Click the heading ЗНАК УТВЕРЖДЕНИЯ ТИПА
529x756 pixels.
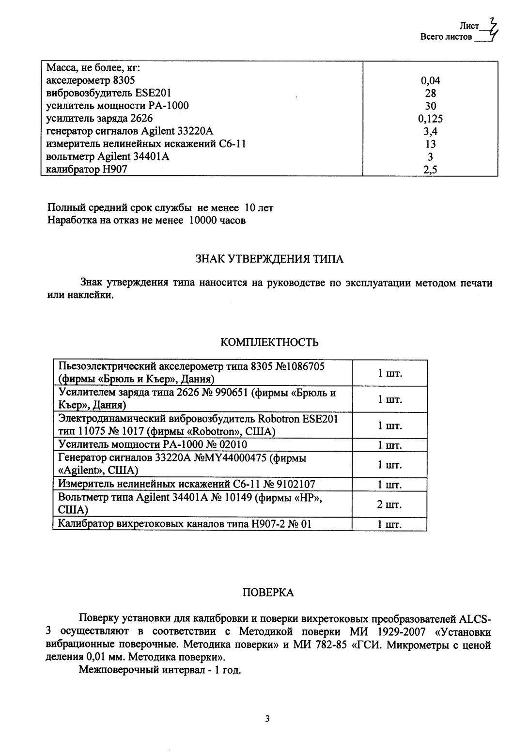click(x=269, y=259)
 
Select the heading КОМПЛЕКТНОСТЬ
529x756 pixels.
click(x=269, y=343)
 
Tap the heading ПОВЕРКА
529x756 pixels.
click(x=268, y=593)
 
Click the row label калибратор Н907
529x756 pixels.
click(x=87, y=169)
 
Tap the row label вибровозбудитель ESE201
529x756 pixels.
click(x=109, y=94)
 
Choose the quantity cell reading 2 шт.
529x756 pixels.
click(x=389, y=504)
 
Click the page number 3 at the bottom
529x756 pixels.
click(x=267, y=718)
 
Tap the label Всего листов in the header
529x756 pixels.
click(x=446, y=37)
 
